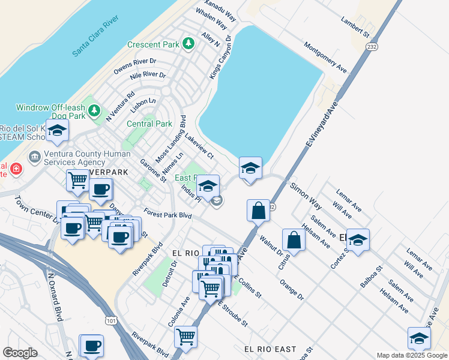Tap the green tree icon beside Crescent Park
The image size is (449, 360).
point(188,44)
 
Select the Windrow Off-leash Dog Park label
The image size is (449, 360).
point(50,108)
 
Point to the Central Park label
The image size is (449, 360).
point(149,124)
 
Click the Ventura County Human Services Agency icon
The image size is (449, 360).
point(35,157)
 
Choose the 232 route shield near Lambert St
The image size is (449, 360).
point(373,46)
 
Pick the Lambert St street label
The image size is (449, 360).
point(354,26)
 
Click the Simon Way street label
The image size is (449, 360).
point(306,193)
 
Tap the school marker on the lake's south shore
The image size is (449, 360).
point(250,169)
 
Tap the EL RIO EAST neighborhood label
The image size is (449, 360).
point(270,349)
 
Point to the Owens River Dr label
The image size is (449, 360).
point(135,65)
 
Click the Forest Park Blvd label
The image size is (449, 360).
point(167,214)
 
